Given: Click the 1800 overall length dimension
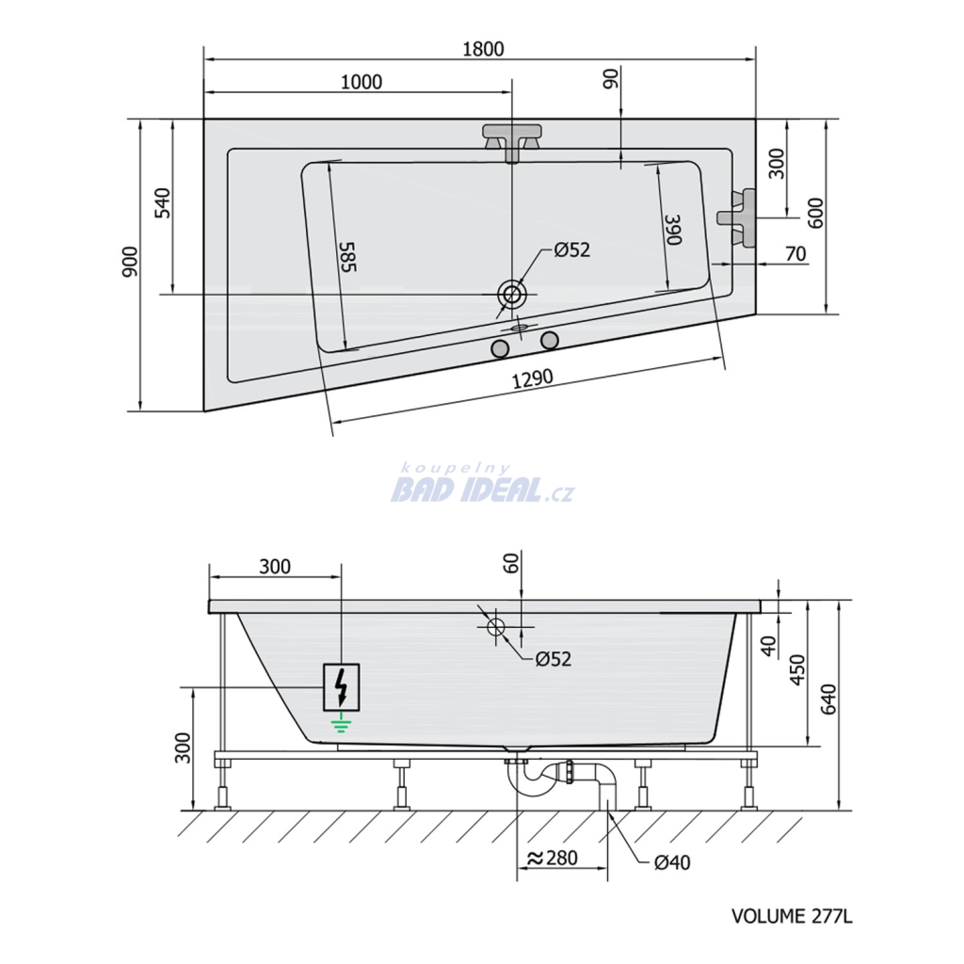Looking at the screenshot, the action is tap(483, 49).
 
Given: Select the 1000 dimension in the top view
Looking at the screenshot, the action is tap(361, 82).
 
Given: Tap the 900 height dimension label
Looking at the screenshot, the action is tap(131, 262).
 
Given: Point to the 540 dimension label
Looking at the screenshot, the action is tap(162, 203).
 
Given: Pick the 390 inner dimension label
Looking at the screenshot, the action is tap(674, 230).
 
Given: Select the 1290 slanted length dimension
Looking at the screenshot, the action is tap(533, 379).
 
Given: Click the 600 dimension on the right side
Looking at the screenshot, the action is tap(816, 214).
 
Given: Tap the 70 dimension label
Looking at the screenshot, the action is tap(795, 253).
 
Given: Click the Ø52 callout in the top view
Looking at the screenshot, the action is tap(571, 249).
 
